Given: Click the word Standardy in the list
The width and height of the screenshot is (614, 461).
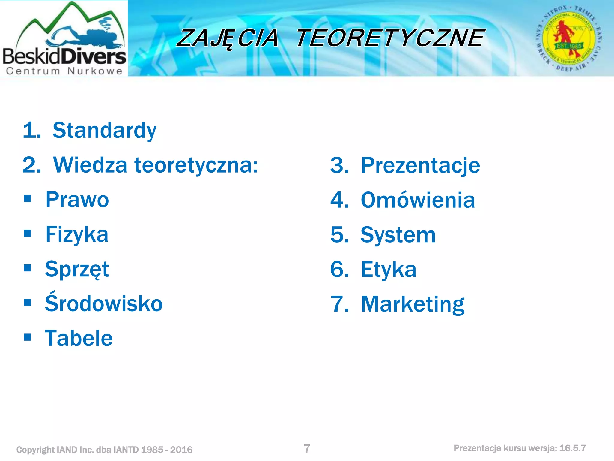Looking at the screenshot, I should (104, 131).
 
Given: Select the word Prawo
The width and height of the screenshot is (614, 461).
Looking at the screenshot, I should (77, 200).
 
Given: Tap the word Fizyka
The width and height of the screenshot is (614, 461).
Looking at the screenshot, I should (77, 235).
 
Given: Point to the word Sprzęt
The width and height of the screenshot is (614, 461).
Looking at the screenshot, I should (77, 269).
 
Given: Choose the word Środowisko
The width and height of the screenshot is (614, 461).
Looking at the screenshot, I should (104, 303).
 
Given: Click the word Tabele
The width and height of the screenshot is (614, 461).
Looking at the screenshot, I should (79, 338).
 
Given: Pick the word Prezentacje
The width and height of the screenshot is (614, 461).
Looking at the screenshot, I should (420, 166).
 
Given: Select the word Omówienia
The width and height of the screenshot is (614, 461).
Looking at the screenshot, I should (418, 200).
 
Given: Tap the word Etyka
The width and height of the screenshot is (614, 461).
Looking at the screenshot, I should (389, 270).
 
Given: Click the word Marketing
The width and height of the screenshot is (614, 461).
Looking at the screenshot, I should (413, 304).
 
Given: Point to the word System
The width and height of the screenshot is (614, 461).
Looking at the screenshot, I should (398, 235).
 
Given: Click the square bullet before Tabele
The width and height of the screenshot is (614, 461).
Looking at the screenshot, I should (28, 337).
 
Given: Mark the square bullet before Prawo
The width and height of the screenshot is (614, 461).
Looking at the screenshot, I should (28, 199).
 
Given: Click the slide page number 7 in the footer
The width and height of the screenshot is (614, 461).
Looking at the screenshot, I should (307, 449).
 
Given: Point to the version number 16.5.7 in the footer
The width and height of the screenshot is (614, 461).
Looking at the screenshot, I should (572, 448).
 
